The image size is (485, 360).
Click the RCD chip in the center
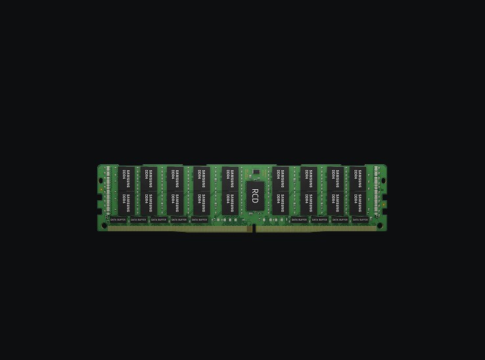255,195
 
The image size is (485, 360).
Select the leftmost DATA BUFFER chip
118,219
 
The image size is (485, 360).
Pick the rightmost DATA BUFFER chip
360,219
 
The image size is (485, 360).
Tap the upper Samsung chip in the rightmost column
358,177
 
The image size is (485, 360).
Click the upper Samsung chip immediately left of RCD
229,177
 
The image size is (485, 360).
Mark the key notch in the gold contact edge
254,229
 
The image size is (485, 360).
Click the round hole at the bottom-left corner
104,225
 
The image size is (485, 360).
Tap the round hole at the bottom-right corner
380,225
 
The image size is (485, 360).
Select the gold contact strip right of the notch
316,229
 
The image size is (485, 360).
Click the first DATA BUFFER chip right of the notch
299,219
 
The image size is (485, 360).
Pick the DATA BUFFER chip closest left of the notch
199,219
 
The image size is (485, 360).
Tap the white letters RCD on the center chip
255,195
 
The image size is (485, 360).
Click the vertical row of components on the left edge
108,191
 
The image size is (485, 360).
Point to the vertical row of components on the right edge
377,191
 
